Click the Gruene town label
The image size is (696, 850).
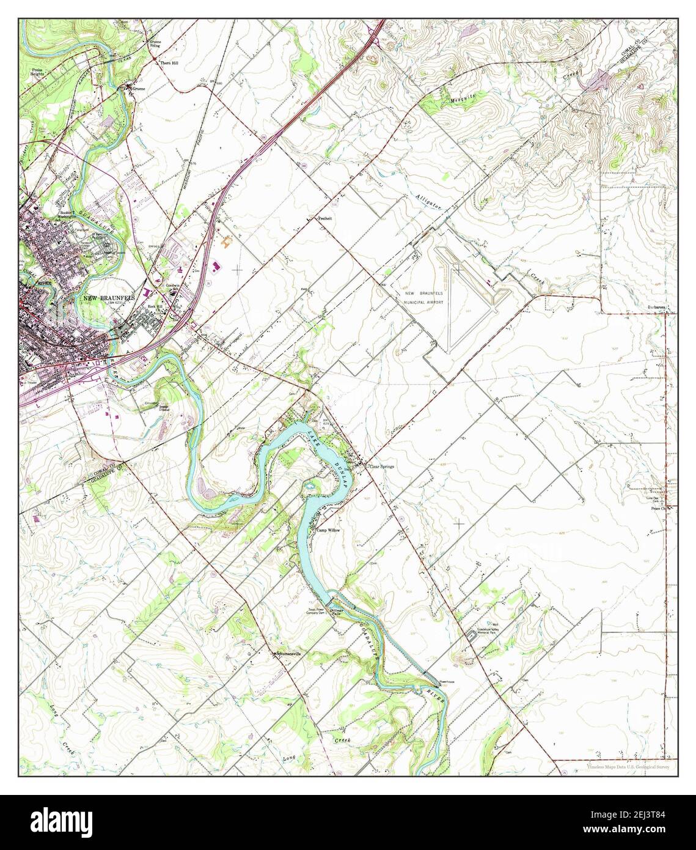[x=138, y=89]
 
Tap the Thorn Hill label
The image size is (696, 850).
[x=169, y=63]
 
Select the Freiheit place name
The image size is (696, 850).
[x=324, y=218]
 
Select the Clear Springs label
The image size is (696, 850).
[x=381, y=467]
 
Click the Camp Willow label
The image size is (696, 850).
[x=328, y=530]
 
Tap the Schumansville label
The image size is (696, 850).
[x=290, y=654]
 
